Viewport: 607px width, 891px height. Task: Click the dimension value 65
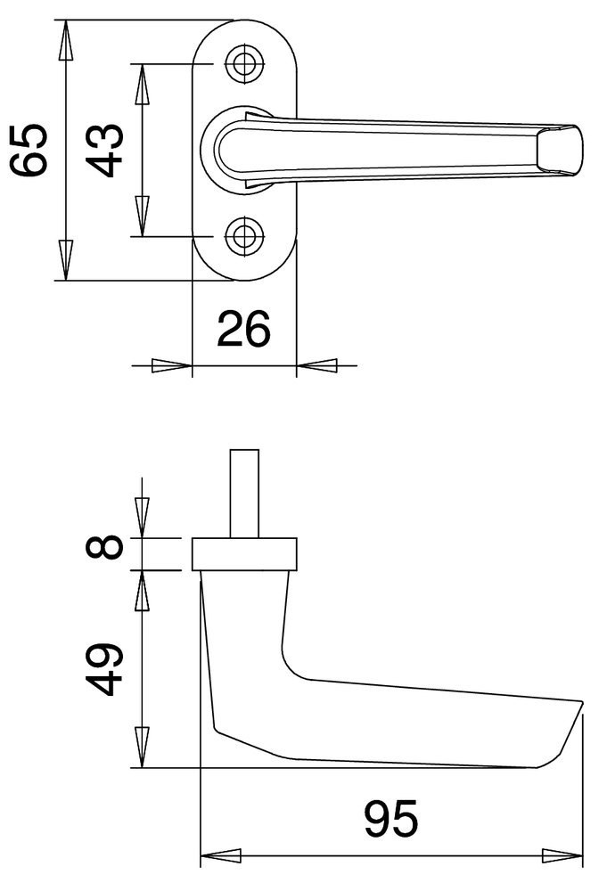[x=29, y=150]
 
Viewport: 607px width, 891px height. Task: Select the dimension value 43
[x=104, y=150]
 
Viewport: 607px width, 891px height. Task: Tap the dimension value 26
[x=244, y=329]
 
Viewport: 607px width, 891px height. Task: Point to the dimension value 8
[x=104, y=548]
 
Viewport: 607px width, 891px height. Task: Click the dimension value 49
[x=104, y=669]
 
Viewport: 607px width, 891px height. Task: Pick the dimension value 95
[x=391, y=819]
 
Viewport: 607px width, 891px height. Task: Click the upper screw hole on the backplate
[x=245, y=63]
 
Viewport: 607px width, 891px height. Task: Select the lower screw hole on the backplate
[x=245, y=236]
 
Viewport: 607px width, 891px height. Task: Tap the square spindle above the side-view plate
[x=244, y=494]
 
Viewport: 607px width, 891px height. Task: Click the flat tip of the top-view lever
[x=560, y=150]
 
